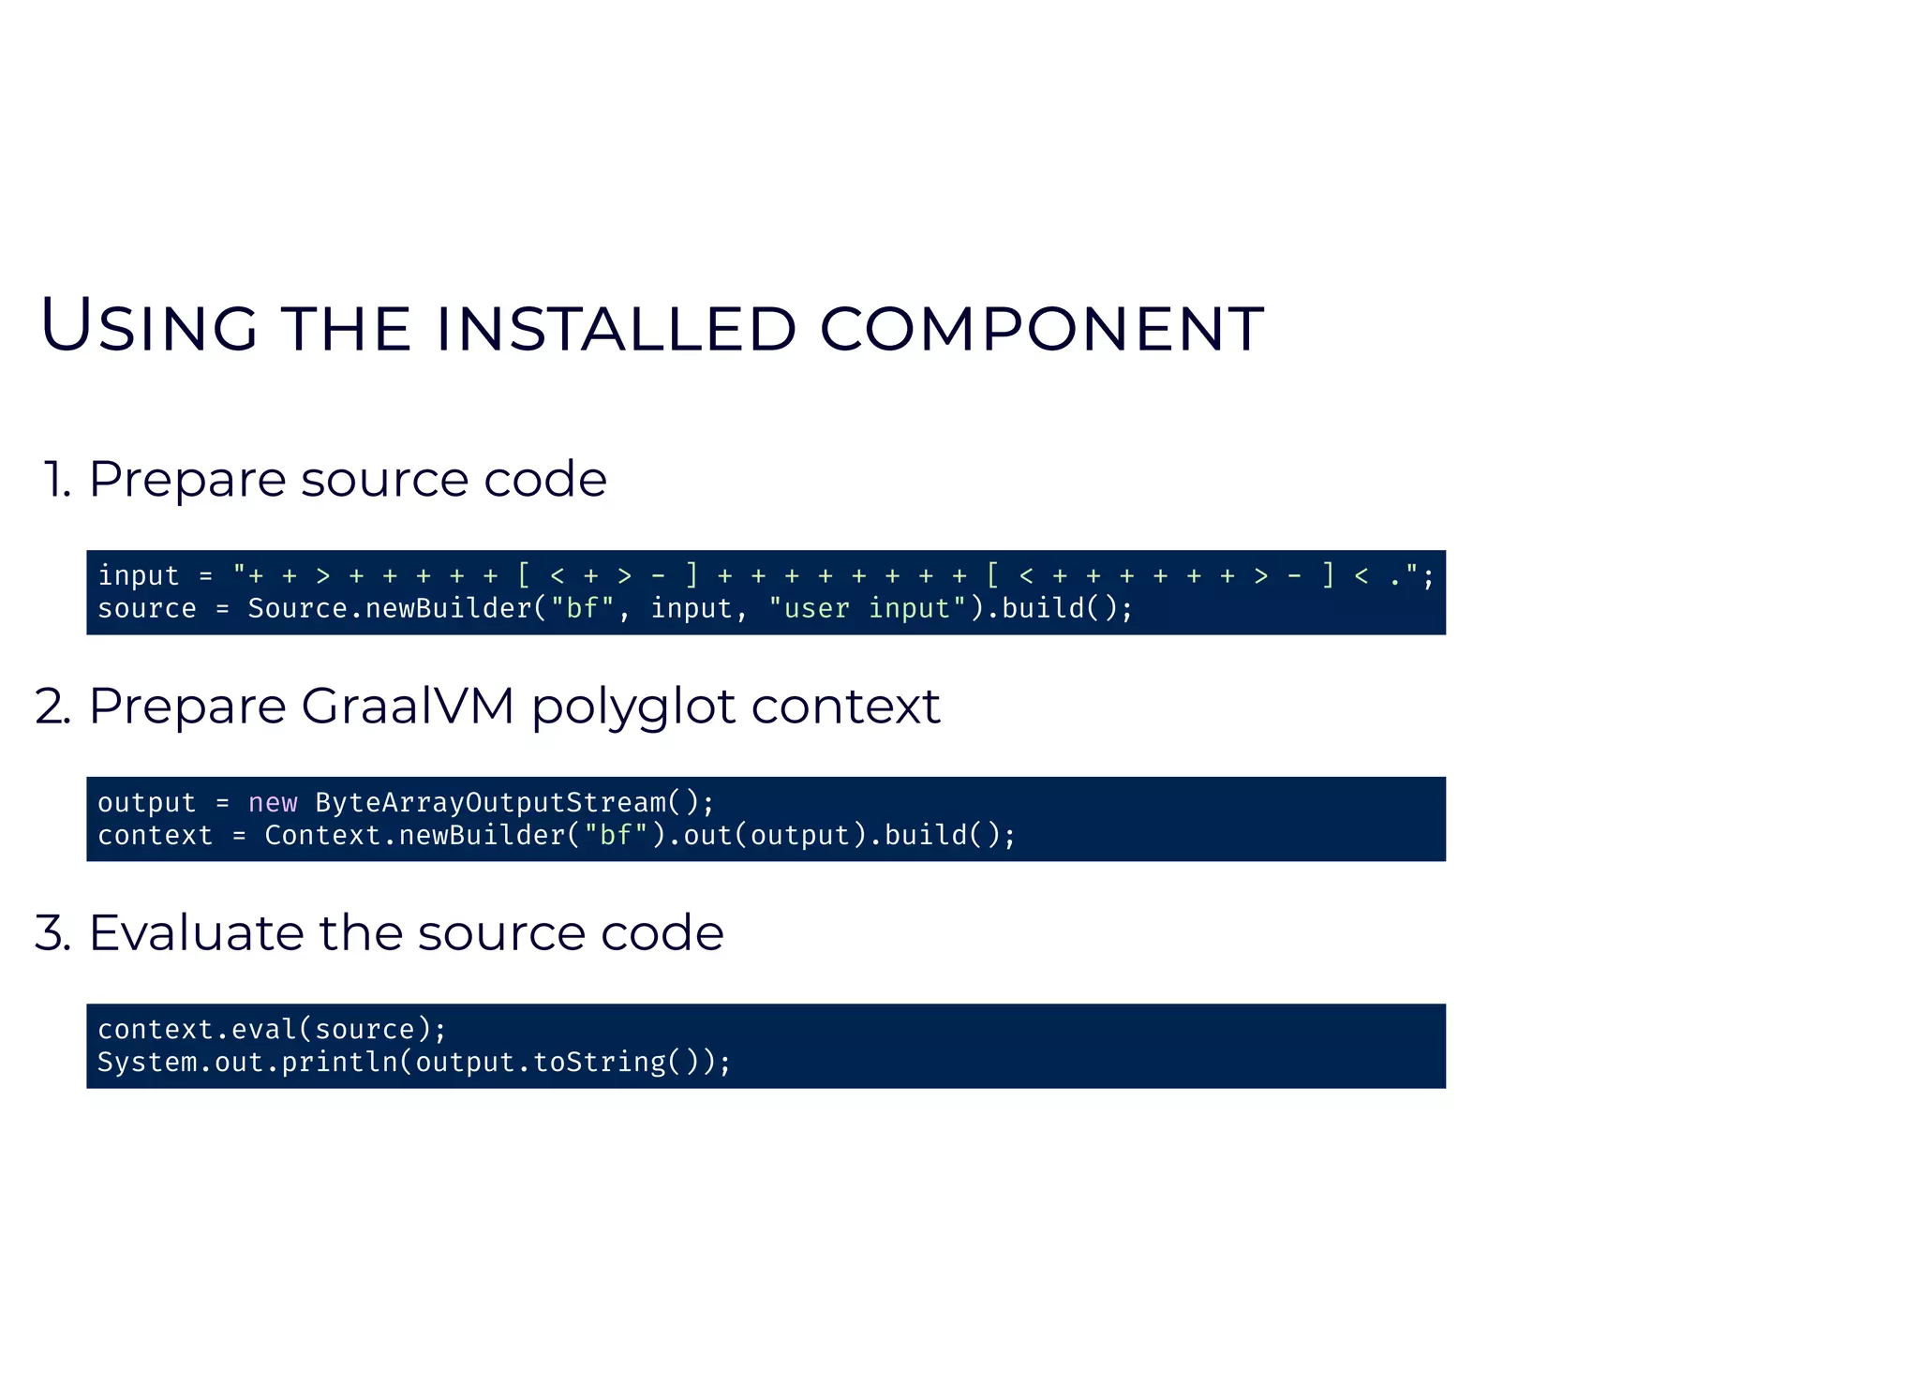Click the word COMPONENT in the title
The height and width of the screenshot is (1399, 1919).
click(1041, 329)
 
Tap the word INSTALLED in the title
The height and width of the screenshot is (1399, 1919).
click(616, 329)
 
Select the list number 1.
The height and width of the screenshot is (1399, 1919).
click(56, 480)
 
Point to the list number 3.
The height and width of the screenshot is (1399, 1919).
click(52, 933)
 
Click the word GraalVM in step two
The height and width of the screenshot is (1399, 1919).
click(408, 706)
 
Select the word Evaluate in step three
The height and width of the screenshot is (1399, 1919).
click(195, 933)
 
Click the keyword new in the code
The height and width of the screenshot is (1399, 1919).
click(273, 803)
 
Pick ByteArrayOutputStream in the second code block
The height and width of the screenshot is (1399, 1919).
click(490, 803)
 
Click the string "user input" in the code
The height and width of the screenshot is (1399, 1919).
click(867, 609)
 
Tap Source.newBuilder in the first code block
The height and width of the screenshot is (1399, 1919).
click(390, 609)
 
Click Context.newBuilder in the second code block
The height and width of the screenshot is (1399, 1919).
click(415, 836)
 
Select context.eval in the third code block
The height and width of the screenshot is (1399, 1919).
click(196, 1030)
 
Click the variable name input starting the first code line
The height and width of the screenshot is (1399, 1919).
click(138, 576)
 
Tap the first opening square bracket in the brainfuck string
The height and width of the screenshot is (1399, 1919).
click(524, 575)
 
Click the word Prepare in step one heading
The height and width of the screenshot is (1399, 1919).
click(186, 480)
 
